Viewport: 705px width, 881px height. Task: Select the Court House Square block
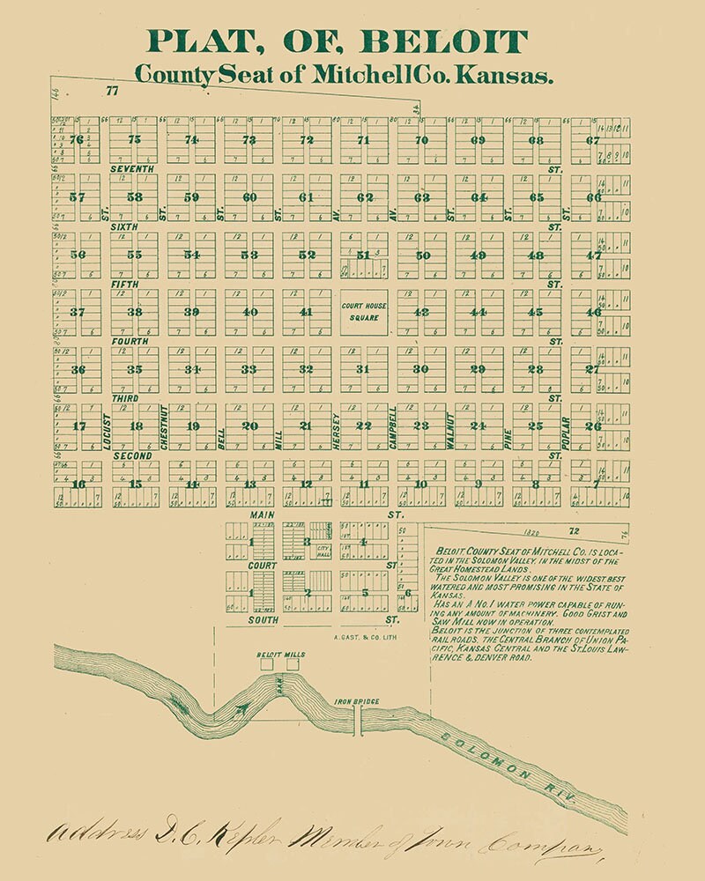(362, 311)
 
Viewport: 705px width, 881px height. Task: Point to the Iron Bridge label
(356, 702)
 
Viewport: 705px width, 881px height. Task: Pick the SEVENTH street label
(132, 168)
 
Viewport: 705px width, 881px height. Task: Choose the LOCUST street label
(106, 431)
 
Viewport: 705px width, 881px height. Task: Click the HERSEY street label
(336, 432)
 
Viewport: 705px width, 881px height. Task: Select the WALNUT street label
(449, 431)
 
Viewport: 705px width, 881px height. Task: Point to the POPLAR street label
(565, 432)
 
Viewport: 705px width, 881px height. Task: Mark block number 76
(77, 139)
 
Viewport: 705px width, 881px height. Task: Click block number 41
(306, 312)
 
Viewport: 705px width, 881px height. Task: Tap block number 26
(593, 426)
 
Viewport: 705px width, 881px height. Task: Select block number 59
(191, 196)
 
